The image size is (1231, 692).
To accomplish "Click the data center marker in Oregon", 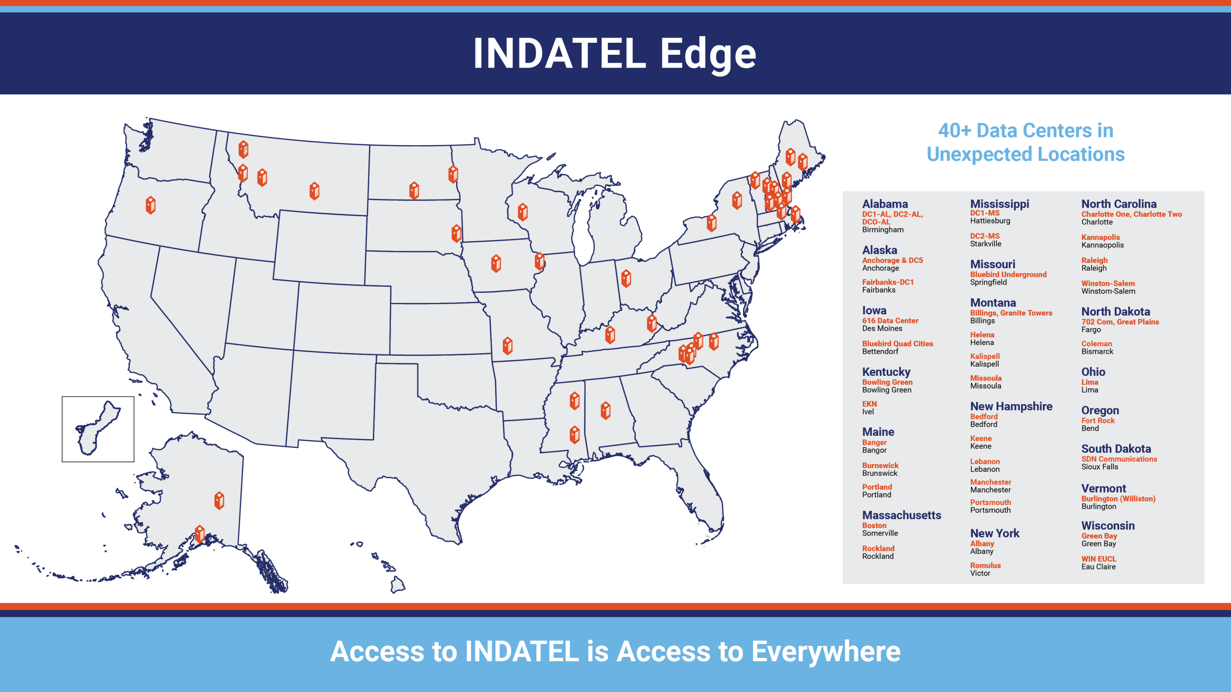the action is [x=151, y=205].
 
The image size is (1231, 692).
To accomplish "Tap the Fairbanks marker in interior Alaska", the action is [x=219, y=500].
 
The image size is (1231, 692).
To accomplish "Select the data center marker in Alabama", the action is [x=606, y=410].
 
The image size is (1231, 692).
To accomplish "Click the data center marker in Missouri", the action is [x=508, y=346].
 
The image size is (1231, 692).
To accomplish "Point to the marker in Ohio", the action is [x=626, y=278].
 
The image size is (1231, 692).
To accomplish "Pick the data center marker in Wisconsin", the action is [x=523, y=212].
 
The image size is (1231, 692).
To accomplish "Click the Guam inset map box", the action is [x=98, y=429].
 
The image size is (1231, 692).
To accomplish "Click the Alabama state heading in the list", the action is [x=885, y=204].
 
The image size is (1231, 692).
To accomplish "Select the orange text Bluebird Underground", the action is [x=1008, y=274].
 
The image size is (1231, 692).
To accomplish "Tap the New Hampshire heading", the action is [x=1011, y=407].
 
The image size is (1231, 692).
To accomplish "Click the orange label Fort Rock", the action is [x=1098, y=420].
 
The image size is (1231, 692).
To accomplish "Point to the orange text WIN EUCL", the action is [x=1099, y=559].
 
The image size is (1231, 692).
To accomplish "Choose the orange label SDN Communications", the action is [x=1119, y=459].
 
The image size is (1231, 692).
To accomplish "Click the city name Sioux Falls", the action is [x=1100, y=467].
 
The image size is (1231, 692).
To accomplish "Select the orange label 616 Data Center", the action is [x=890, y=321].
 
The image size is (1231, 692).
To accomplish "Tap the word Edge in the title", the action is [x=708, y=55].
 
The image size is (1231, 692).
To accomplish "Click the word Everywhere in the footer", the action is [x=826, y=652].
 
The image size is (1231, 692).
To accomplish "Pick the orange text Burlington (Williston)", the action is [x=1118, y=499].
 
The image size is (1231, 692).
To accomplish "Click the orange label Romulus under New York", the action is [x=985, y=566].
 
